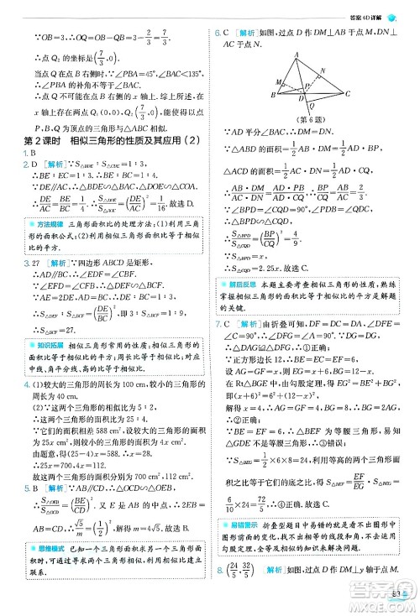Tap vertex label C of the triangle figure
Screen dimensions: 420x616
point(344,94)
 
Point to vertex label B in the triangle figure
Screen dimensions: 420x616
point(272,95)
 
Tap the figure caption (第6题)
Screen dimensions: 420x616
point(312,118)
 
